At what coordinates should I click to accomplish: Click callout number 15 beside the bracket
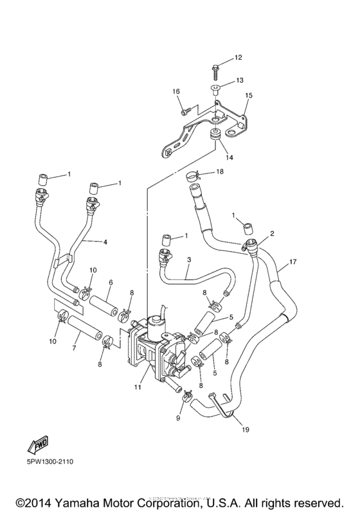click(x=248, y=95)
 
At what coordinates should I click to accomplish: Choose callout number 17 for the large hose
click(x=293, y=261)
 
